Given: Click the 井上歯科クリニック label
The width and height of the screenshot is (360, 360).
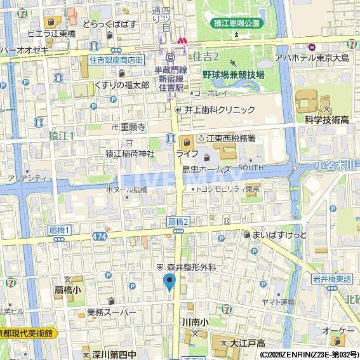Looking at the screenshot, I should (x=219, y=109).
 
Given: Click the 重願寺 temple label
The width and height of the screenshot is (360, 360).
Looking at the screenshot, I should (x=133, y=126).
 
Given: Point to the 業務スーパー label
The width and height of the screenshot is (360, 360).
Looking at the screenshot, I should (x=112, y=312).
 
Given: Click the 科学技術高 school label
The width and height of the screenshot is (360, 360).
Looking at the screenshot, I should (x=326, y=120).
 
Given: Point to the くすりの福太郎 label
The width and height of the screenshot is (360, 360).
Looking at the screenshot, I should (x=121, y=84).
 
